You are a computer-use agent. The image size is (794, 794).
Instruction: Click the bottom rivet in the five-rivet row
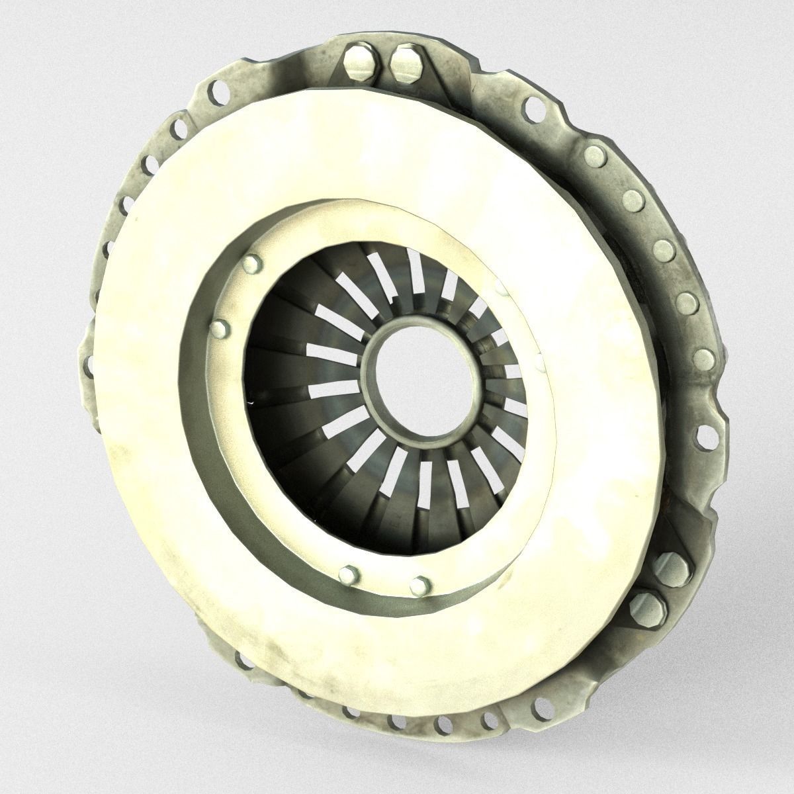[703, 361]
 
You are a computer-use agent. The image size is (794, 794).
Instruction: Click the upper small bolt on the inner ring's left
[251, 265]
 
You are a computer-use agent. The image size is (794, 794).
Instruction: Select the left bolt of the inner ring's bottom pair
[346, 573]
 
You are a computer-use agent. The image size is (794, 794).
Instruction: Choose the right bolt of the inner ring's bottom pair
[418, 584]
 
